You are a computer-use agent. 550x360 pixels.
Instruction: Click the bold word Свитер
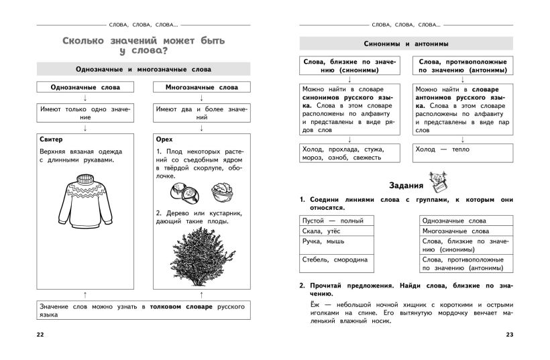pyautogui.click(x=51, y=139)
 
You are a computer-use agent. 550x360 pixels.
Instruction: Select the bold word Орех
pyautogui.click(x=164, y=139)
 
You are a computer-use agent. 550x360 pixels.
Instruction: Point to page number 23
pyautogui.click(x=508, y=335)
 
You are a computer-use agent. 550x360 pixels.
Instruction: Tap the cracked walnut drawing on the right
pyautogui.click(x=221, y=192)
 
